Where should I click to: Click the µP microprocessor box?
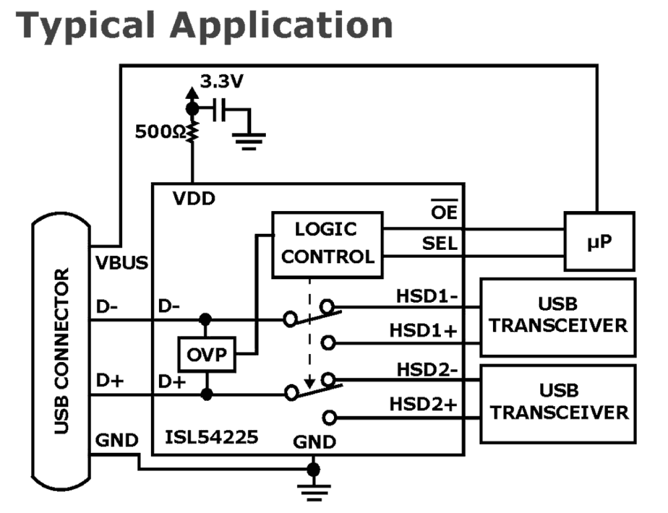[x=599, y=242]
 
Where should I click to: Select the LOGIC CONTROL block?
[x=327, y=245]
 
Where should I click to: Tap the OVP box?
[x=207, y=354]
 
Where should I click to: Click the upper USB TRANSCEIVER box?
[x=558, y=317]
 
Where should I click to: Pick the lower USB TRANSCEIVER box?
[x=558, y=403]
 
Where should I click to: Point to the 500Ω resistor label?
[x=160, y=132]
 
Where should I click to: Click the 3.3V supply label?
[x=221, y=81]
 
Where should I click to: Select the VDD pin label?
[x=194, y=199]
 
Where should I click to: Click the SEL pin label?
[x=439, y=244]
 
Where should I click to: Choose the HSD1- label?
[x=427, y=296]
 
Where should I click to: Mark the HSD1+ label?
[x=423, y=330]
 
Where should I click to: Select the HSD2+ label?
[x=423, y=404]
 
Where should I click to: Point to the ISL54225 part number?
[x=211, y=438]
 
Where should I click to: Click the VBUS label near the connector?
[x=122, y=263]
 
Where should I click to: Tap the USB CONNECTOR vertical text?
[x=62, y=351]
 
